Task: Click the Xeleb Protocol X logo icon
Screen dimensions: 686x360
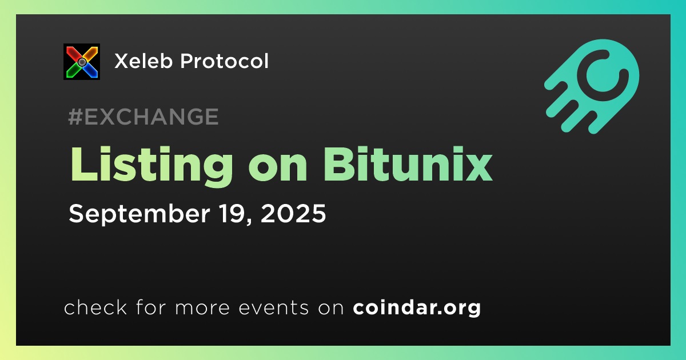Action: pyautogui.click(x=82, y=62)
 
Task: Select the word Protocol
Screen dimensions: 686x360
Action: pyautogui.click(x=225, y=61)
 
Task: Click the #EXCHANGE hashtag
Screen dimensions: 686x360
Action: pyautogui.click(x=143, y=117)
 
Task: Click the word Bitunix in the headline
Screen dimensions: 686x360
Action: pyautogui.click(x=407, y=165)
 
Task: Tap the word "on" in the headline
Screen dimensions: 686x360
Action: pyautogui.click(x=278, y=169)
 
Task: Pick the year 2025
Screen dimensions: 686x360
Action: pyautogui.click(x=293, y=213)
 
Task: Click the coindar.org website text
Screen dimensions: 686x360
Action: pyautogui.click(x=417, y=308)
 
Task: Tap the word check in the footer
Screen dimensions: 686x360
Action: pyautogui.click(x=95, y=307)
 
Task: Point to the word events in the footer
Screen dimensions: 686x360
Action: pyautogui.click(x=273, y=308)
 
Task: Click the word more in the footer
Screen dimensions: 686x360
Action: pyautogui.click(x=202, y=309)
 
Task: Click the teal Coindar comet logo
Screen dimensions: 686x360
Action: pyautogui.click(x=592, y=87)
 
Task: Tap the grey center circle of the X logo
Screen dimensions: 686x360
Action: pyautogui.click(x=82, y=62)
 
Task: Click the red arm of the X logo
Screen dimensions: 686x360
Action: pyautogui.click(x=73, y=53)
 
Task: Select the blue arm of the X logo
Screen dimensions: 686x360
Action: pyautogui.click(x=91, y=71)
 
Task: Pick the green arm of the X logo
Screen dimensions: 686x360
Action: pyautogui.click(x=73, y=71)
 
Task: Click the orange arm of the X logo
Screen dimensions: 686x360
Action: pyautogui.click(x=91, y=53)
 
